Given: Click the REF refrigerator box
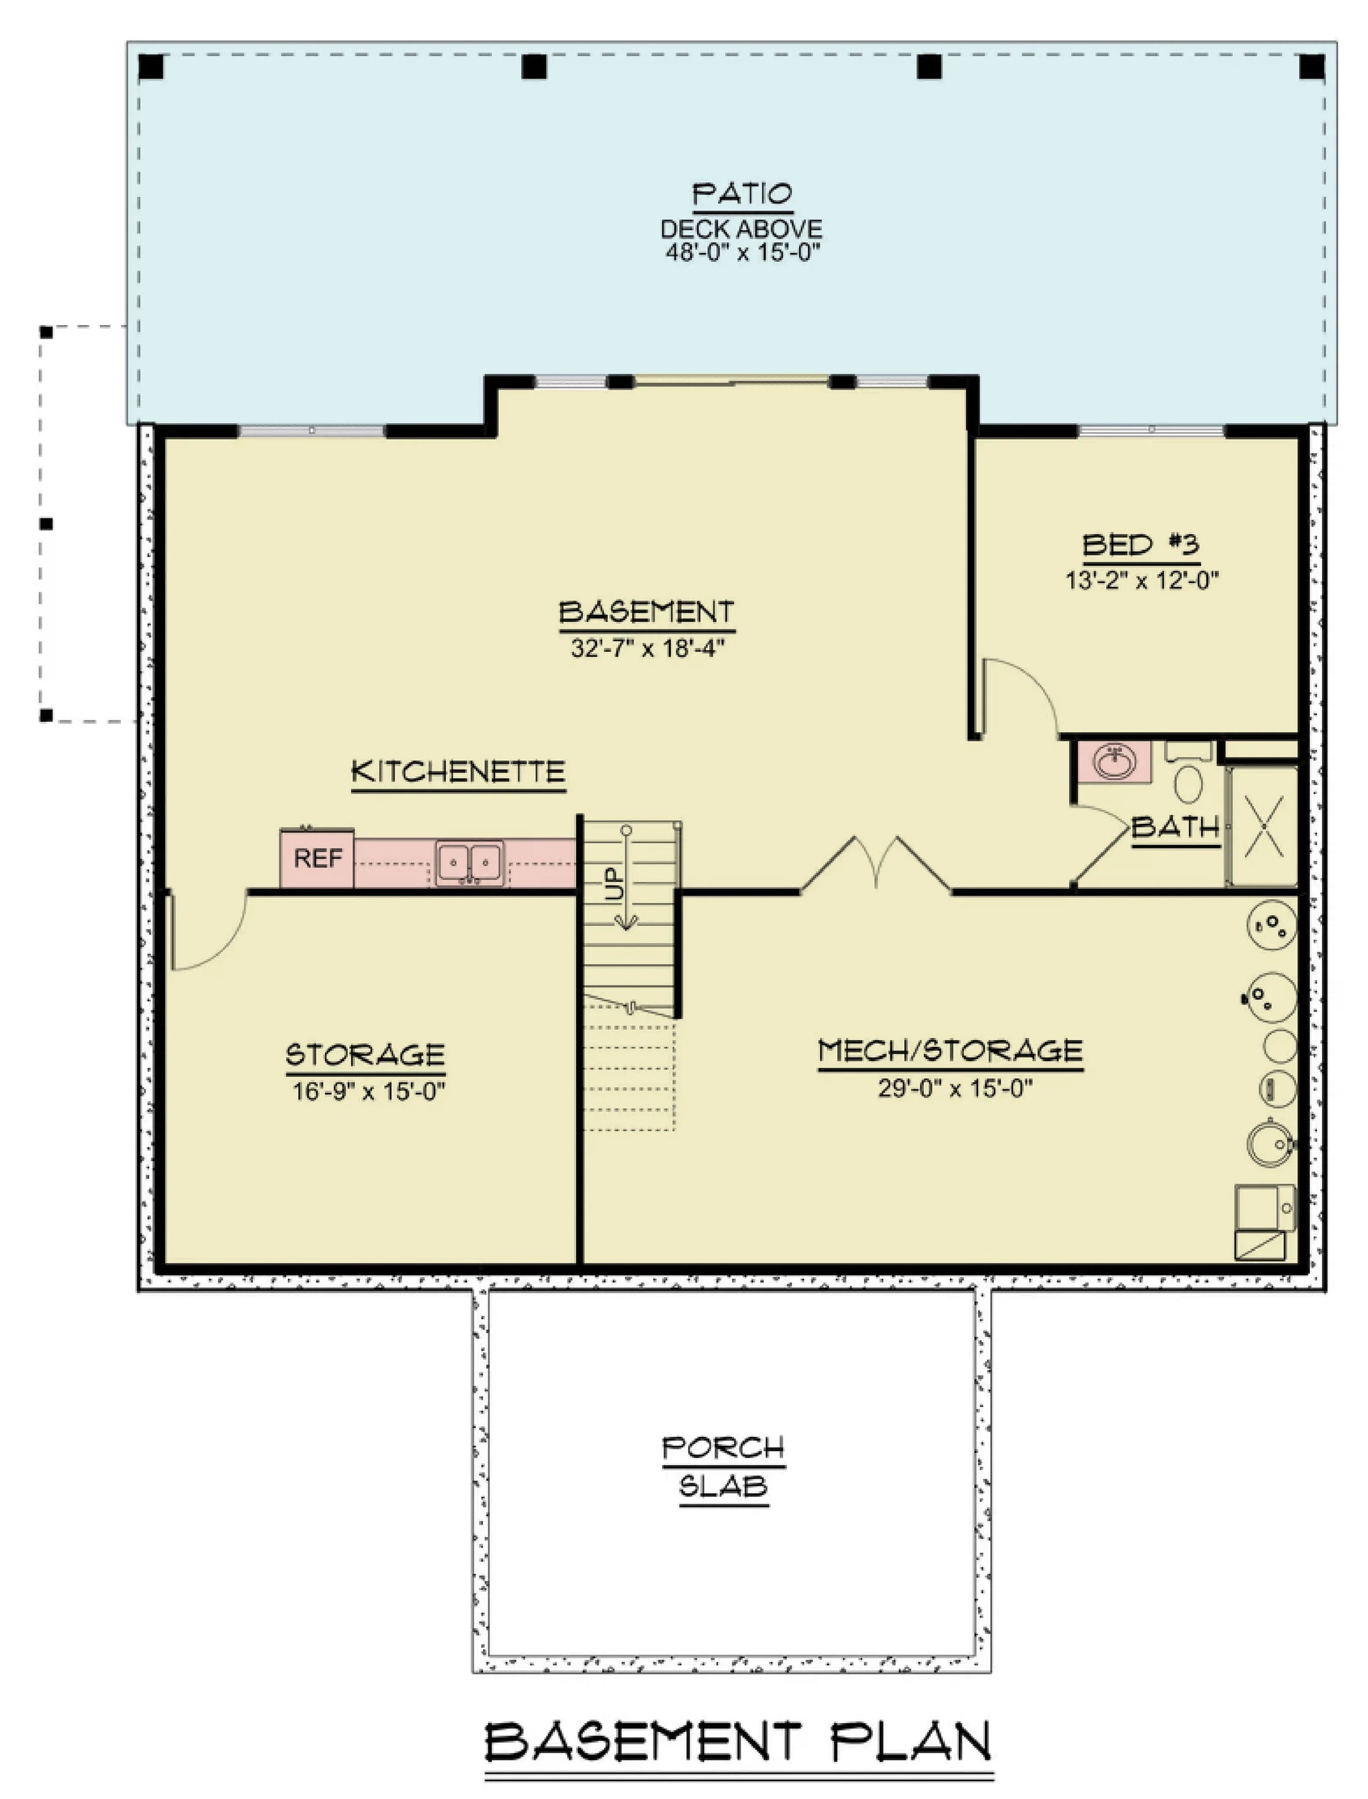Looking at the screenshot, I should pyautogui.click(x=317, y=858).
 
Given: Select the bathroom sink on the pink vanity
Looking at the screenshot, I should pyautogui.click(x=1115, y=762).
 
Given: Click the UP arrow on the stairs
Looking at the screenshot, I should pyautogui.click(x=625, y=879).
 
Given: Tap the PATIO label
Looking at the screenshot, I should pyautogui.click(x=742, y=194).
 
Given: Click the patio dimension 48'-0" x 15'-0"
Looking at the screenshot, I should pyautogui.click(x=742, y=252).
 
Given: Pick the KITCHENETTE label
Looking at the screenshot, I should pyautogui.click(x=458, y=771).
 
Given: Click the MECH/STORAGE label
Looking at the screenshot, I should pyautogui.click(x=950, y=1050).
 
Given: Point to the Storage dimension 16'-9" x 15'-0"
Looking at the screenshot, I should pyautogui.click(x=368, y=1091).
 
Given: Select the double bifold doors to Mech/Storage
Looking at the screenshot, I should pyautogui.click(x=876, y=865).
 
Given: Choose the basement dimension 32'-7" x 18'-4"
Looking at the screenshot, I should pyautogui.click(x=647, y=647).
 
